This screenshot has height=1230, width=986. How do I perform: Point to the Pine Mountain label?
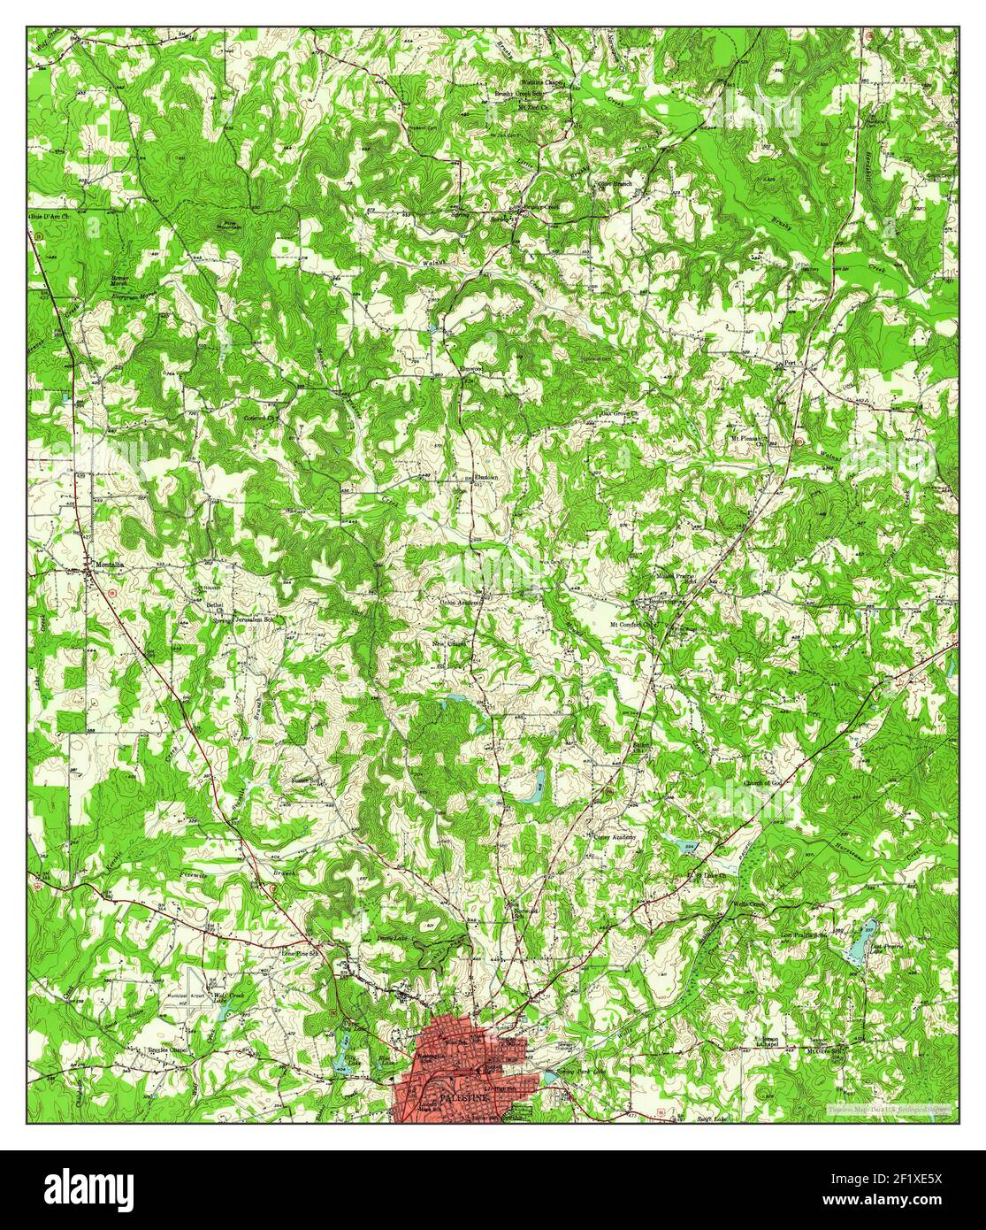231,224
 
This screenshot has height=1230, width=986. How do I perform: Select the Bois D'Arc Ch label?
51,216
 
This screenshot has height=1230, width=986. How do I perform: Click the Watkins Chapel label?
542,82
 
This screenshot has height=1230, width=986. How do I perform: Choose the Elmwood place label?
470,367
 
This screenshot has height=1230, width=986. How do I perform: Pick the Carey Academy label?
615,835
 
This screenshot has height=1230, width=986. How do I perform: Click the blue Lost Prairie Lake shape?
860,942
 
